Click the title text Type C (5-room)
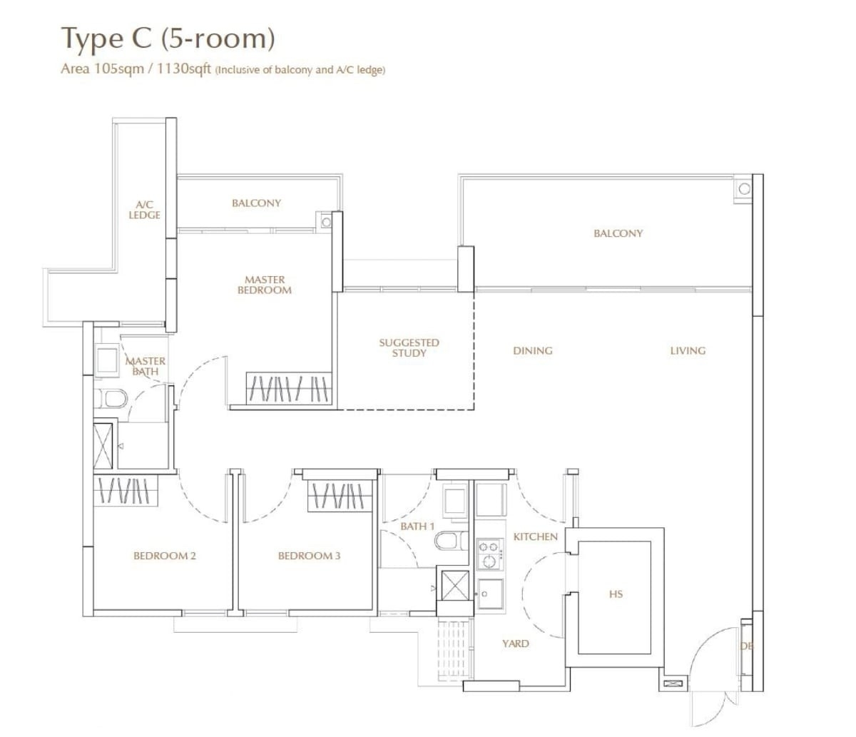(x=168, y=39)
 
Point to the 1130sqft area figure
(x=184, y=68)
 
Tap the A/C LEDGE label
(x=144, y=210)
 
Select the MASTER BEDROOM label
(x=265, y=285)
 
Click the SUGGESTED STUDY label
(x=409, y=348)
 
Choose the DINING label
(x=533, y=351)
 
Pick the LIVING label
(x=688, y=351)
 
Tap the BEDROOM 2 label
(x=164, y=556)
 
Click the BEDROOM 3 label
(x=310, y=556)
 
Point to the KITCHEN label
(x=536, y=537)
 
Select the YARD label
(x=516, y=644)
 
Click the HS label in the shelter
(x=616, y=594)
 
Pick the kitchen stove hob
(x=490, y=554)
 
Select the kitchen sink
(x=490, y=594)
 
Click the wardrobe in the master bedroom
(x=289, y=389)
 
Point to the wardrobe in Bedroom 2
(x=126, y=491)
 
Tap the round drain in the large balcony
(x=744, y=189)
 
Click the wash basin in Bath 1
(x=455, y=502)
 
